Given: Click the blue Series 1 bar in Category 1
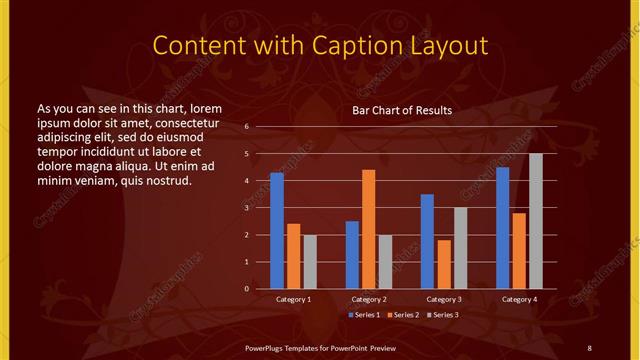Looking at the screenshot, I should [277, 231].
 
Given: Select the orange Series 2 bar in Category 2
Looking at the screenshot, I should [368, 229].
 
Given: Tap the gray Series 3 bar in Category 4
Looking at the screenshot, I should [535, 221].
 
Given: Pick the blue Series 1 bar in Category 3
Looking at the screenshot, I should [427, 241].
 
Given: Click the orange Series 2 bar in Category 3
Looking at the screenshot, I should [443, 264].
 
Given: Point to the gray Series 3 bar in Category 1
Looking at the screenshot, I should [309, 262].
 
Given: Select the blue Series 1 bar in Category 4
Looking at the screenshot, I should [502, 228].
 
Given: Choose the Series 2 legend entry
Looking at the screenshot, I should [403, 315].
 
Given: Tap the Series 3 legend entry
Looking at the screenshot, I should [443, 315].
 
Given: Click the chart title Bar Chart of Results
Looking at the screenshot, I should [402, 110].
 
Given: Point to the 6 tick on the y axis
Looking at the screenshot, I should [260, 127].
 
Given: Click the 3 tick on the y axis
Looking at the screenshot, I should [260, 208].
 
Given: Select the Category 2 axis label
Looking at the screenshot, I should [368, 299].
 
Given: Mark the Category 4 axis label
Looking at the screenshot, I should [518, 299].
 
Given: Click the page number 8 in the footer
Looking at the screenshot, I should [589, 346].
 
